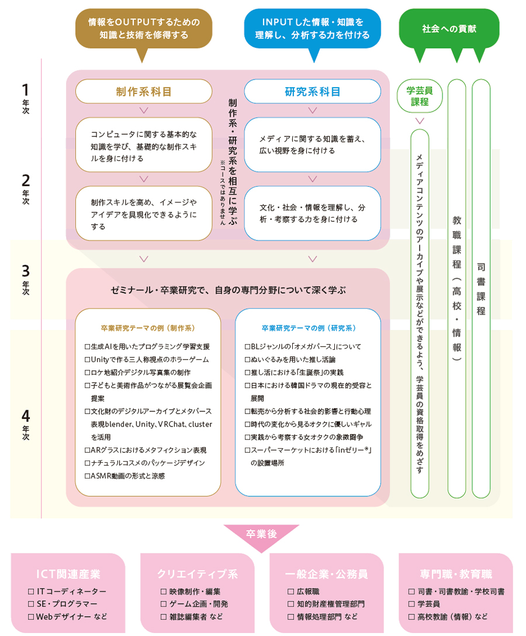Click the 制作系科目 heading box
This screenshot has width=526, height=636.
pyautogui.click(x=144, y=91)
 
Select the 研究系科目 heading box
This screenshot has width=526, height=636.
pyautogui.click(x=312, y=91)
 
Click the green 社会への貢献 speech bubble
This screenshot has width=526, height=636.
pyautogui.click(x=449, y=28)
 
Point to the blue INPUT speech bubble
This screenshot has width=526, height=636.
pyautogui.click(x=312, y=28)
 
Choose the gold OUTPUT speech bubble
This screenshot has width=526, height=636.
pyautogui.click(x=144, y=28)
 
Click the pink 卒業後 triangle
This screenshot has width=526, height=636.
pyautogui.click(x=261, y=535)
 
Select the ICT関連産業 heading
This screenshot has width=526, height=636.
pyautogui.click(x=68, y=573)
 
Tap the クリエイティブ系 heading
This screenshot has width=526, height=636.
pyautogui.click(x=198, y=573)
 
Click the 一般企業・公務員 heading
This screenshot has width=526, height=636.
pyautogui.click(x=326, y=573)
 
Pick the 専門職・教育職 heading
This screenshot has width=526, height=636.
pyautogui.click(x=456, y=573)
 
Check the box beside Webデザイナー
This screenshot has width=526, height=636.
pyautogui.click(x=31, y=617)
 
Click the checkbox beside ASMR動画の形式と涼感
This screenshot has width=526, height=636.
pyautogui.click(x=87, y=476)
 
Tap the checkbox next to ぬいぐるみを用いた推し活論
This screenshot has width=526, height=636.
pyautogui.click(x=247, y=359)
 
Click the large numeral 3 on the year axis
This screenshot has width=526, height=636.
pyautogui.click(x=25, y=271)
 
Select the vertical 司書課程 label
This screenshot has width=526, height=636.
pyautogui.click(x=480, y=287)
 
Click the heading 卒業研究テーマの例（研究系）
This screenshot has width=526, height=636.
pyautogui.click(x=309, y=328)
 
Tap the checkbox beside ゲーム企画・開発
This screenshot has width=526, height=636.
pyautogui.click(x=164, y=604)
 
